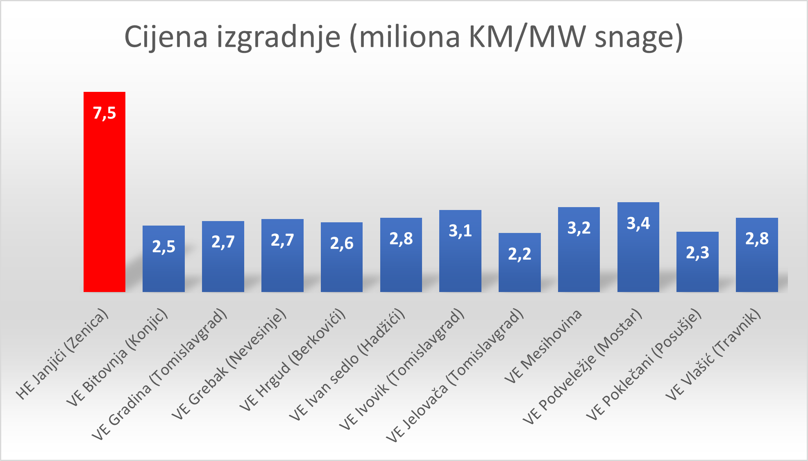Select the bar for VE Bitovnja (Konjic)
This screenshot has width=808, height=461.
point(163,267)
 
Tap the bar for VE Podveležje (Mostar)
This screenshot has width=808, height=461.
point(638,254)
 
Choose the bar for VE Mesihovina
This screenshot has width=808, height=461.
point(579,258)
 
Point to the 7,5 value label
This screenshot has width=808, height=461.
point(104,113)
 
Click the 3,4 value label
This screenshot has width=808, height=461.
point(638,223)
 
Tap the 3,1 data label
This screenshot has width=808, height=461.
point(460,230)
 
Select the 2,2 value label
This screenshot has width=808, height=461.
point(520,254)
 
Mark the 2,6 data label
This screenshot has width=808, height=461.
point(342,243)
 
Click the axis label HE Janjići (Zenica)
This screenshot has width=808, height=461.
point(62,354)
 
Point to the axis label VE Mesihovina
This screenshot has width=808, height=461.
point(543,347)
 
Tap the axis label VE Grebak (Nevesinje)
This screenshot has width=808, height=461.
point(229,364)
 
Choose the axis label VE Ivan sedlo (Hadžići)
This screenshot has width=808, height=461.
point(347,364)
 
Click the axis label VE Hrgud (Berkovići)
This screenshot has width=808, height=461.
point(293,359)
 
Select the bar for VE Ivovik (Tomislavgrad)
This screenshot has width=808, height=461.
point(460,262)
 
